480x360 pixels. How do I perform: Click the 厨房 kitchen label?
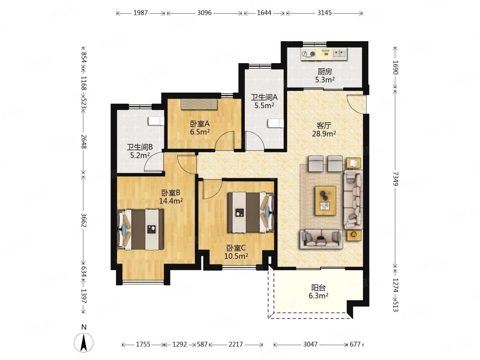pyautogui.click(x=325, y=71)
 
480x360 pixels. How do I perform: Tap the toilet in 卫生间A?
pyautogui.click(x=275, y=123)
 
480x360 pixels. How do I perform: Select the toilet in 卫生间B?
pyautogui.click(x=156, y=121)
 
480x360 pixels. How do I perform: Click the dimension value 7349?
pyautogui.click(x=395, y=178)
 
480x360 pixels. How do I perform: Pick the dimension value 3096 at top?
pyautogui.click(x=204, y=13)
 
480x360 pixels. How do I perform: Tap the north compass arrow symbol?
pyautogui.click(x=83, y=343)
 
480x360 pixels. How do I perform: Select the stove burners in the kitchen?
pyautogui.click(x=309, y=54)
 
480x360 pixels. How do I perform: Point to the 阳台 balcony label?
pyautogui.click(x=318, y=288)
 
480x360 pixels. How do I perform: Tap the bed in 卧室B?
pyautogui.click(x=140, y=229)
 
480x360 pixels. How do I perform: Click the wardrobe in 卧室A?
pyautogui.click(x=199, y=104)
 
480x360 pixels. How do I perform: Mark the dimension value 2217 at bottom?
pyautogui.click(x=236, y=344)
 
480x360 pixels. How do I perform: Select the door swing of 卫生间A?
pyautogui.click(x=255, y=141)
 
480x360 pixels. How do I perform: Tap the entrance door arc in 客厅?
pyautogui.click(x=356, y=104)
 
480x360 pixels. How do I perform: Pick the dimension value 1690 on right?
pyautogui.click(x=395, y=67)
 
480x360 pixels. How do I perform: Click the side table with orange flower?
pyautogui.click(x=353, y=235)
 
